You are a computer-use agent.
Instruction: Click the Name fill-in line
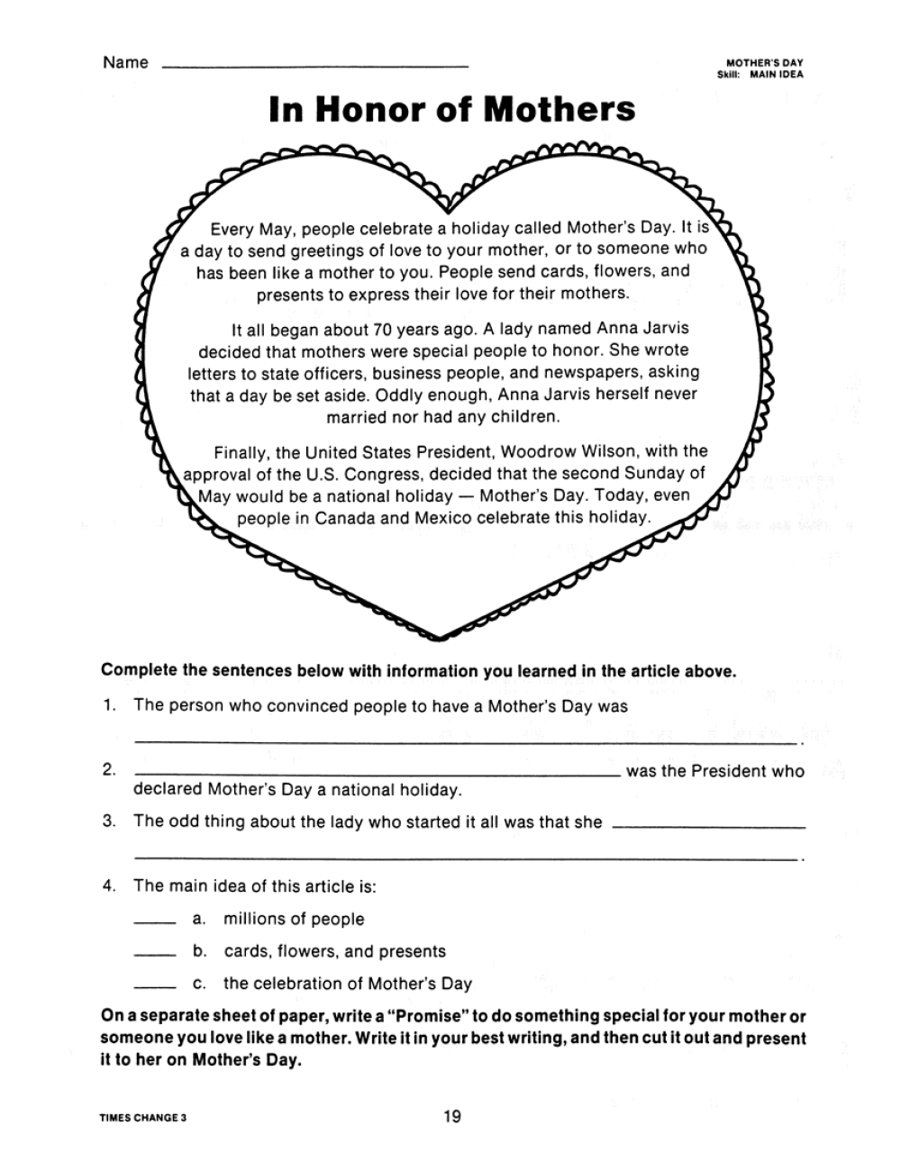pyautogui.click(x=314, y=66)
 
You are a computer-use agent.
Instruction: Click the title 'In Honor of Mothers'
pyautogui.click(x=451, y=110)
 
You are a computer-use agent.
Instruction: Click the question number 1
pyautogui.click(x=108, y=705)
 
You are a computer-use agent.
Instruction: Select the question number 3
pyautogui.click(x=109, y=821)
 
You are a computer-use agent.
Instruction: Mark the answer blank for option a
pyautogui.click(x=153, y=921)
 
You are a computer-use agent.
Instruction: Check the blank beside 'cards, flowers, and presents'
pyautogui.click(x=153, y=954)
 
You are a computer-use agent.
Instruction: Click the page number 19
pyautogui.click(x=451, y=1117)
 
